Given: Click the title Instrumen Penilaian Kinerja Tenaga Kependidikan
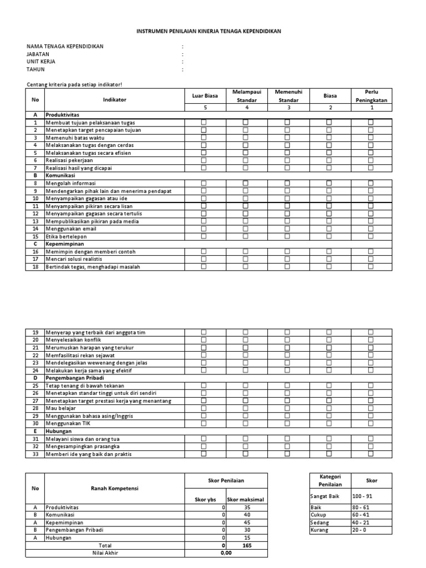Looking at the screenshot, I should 209,32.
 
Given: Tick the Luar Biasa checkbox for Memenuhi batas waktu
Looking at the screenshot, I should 203,138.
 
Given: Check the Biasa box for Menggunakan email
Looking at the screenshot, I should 329,229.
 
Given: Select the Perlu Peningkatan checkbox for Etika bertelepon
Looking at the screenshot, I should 371,236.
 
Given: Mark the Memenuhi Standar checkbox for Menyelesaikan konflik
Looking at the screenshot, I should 287,339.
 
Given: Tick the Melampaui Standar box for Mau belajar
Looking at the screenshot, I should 245,408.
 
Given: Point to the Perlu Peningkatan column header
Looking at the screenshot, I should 371,96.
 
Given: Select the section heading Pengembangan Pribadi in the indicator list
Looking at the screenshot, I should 72,378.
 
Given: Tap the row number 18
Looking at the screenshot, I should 35,267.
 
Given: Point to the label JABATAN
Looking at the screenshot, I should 38,54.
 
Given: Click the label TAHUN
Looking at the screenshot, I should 35,70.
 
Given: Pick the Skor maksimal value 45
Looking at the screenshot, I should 247,523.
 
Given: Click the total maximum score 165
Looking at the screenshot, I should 247,546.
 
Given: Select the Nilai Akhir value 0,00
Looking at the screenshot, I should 225,553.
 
